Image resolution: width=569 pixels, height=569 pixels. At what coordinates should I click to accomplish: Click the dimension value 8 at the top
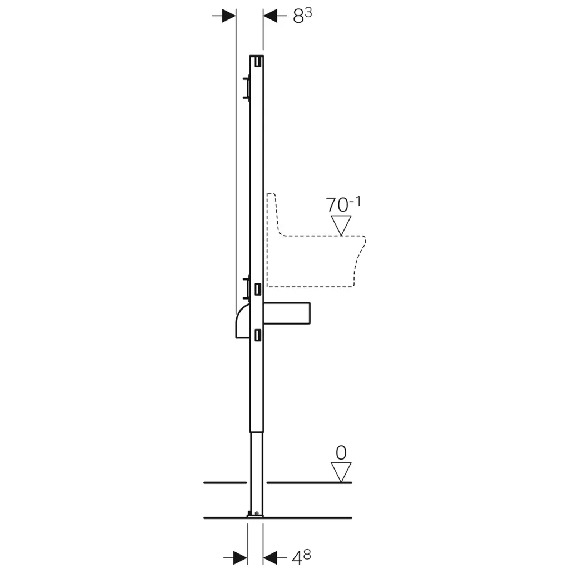coord(298,17)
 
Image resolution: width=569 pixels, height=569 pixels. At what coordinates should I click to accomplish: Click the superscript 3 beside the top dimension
coord(308,13)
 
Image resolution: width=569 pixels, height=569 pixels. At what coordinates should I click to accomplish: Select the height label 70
coord(337,205)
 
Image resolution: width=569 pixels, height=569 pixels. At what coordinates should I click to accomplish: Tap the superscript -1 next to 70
coord(355,201)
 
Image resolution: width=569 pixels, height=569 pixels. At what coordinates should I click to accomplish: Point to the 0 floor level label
coord(341,453)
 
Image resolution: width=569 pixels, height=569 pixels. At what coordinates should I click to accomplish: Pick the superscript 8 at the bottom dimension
coord(307,555)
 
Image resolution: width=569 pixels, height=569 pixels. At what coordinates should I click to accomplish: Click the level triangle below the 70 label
coord(341,226)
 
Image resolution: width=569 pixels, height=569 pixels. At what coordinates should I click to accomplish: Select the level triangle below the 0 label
coord(341,472)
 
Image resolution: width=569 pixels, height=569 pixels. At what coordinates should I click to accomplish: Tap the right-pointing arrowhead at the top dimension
coord(229,16)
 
